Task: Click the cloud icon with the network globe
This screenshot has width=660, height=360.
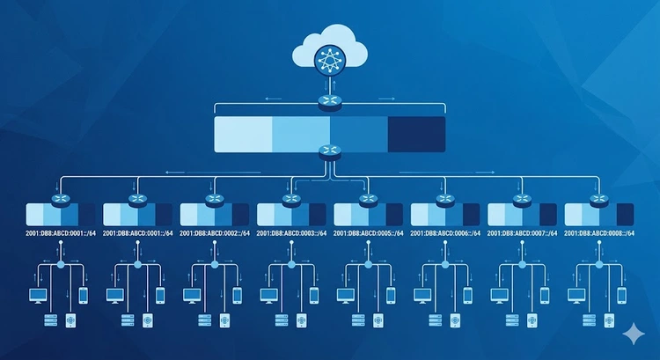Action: (330, 50)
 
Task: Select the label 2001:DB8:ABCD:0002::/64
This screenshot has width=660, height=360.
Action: (215, 233)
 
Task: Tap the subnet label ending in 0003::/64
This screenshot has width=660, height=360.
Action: (291, 233)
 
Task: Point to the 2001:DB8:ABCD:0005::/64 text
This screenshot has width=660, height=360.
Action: (369, 233)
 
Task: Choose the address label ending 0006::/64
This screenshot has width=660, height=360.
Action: (445, 233)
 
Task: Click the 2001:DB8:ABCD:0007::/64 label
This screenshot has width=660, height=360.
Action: (523, 233)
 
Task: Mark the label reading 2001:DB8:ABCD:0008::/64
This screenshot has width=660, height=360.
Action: (599, 233)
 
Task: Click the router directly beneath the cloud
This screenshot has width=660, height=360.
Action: (330, 102)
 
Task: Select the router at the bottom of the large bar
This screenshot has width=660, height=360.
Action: (330, 151)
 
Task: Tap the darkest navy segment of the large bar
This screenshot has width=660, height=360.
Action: (416, 135)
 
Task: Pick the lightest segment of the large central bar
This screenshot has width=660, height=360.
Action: (243, 135)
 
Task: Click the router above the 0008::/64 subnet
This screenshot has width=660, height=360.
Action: (599, 200)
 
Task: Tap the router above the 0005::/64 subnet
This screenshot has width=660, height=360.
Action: (369, 200)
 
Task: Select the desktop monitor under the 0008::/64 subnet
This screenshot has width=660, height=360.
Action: (576, 296)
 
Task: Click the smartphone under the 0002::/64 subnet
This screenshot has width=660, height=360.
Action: (238, 296)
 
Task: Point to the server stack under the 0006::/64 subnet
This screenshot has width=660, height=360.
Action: (436, 320)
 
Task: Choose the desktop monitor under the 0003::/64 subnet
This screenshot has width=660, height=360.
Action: (268, 296)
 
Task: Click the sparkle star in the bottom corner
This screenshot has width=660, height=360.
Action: (634, 334)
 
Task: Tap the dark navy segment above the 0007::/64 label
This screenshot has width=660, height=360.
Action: (548, 215)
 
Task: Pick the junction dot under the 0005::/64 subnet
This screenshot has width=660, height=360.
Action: (369, 264)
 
